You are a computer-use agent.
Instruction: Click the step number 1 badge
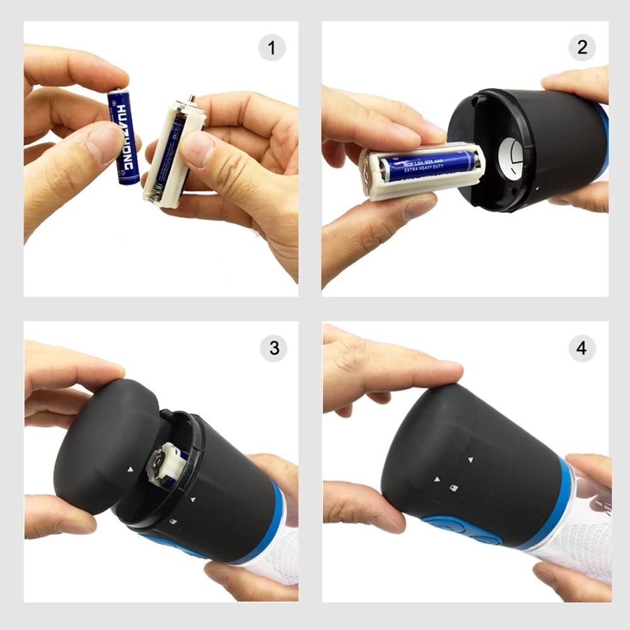[272, 49]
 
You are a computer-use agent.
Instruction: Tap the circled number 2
[581, 47]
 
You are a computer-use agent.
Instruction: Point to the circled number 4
[581, 348]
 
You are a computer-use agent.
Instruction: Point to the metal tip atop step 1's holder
[192, 100]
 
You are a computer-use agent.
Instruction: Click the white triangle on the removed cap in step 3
[130, 469]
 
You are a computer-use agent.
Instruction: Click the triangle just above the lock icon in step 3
[192, 501]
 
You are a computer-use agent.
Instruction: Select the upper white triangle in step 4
[470, 459]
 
